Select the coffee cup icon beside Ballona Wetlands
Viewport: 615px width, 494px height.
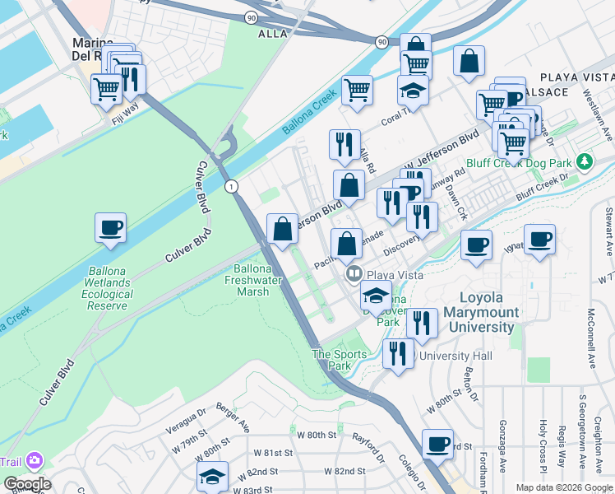pos(110,228)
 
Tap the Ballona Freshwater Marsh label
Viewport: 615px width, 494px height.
pos(253,281)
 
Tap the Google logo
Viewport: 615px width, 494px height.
pos(27,484)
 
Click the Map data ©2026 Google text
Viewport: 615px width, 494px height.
pos(563,487)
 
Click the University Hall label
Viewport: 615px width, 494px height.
pos(456,357)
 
